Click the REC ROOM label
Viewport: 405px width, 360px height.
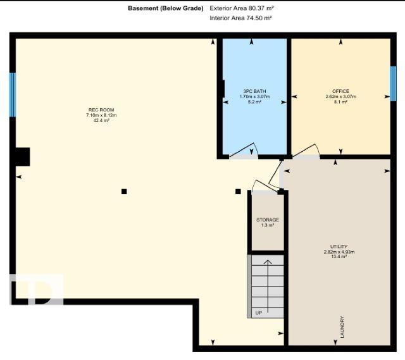pos(101,109)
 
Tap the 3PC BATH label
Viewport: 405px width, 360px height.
pos(254,91)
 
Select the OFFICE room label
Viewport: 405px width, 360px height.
pos(340,91)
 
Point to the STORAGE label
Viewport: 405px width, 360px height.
pos(268,220)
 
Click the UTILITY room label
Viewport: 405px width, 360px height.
pos(339,246)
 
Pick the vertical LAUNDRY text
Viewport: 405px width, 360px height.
pos(342,327)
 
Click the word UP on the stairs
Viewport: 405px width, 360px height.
pos(259,313)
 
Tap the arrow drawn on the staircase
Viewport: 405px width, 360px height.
pos(268,286)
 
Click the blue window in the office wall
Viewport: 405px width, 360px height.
pos(393,84)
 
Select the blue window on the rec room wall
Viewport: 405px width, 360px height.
pos(13,95)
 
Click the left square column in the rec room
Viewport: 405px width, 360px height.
pos(124,192)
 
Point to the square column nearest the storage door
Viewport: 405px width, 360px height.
pos(238,192)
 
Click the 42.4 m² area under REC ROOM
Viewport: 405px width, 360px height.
pos(101,120)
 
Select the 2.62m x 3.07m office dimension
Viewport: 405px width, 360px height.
pos(341,97)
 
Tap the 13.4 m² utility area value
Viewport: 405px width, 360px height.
pos(339,257)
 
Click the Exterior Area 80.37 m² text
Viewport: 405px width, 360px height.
pos(242,8)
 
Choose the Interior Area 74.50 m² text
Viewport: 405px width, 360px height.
pos(240,18)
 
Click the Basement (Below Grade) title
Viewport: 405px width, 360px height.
pos(166,8)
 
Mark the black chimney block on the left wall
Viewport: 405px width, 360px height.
pos(23,157)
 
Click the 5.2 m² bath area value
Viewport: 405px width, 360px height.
pos(254,102)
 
